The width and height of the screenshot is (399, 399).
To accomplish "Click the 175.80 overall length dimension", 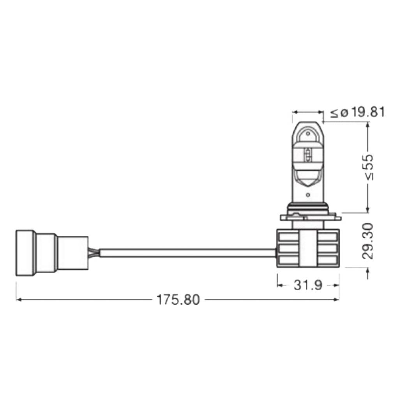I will [178, 300].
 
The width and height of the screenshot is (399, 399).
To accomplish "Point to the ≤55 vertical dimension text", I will [367, 167].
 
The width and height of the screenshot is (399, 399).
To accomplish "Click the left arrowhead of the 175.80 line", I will [18, 300].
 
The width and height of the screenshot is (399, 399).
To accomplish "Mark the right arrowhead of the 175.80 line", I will [337, 300].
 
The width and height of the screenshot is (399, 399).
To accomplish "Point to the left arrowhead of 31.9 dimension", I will [279, 285].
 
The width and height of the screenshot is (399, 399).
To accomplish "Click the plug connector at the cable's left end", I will [51, 252].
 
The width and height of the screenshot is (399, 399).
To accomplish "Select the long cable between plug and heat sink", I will [187, 252].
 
